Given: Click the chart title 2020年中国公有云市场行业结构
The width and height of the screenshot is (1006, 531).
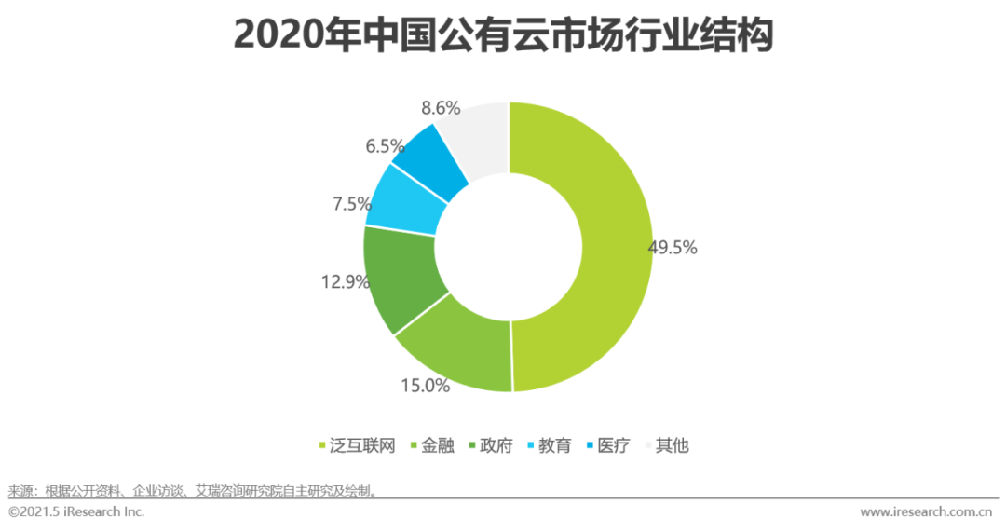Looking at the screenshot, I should pos(503,34).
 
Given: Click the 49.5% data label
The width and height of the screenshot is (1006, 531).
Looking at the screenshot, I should pos(673,248).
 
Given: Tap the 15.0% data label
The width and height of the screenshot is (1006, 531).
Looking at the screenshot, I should pos(427,385).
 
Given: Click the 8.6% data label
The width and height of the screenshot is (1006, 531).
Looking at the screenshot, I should pos(441,108).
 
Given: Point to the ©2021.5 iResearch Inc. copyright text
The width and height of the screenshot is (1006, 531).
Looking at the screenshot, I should pos(76,511).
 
